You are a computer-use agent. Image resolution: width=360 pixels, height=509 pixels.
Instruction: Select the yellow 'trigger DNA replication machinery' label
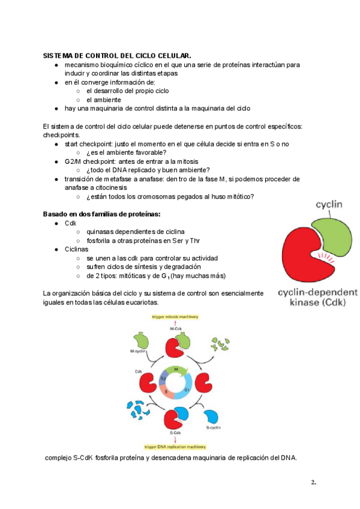176,447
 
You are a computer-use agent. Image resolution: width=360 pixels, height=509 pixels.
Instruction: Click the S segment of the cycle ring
166,391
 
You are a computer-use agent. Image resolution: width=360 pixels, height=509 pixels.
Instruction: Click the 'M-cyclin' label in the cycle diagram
138,351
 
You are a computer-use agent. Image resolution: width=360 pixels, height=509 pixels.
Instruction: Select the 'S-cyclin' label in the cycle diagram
214,427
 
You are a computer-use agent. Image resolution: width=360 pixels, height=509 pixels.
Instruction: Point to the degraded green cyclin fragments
217,345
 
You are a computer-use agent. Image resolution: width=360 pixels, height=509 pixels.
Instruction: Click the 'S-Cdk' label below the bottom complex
176,433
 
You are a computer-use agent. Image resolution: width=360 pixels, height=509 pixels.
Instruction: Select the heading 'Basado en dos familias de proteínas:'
101,214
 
